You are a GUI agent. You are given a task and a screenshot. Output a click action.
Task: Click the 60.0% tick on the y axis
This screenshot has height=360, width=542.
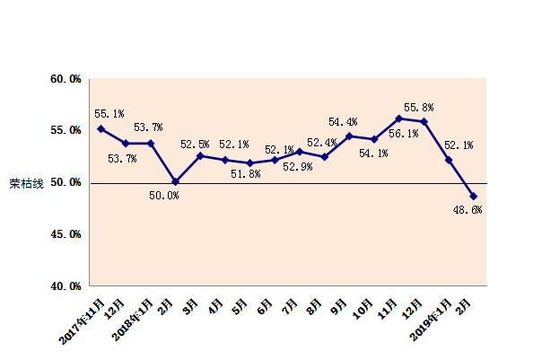tap(66, 79)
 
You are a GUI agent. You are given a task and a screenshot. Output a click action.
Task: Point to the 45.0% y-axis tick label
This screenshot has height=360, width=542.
tap(66, 234)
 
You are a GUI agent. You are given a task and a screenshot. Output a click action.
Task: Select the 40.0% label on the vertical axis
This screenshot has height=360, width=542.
tap(66, 286)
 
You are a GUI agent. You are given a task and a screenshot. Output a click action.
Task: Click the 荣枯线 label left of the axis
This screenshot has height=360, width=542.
tap(26, 183)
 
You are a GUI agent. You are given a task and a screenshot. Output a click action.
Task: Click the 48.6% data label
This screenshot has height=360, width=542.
tap(468, 209)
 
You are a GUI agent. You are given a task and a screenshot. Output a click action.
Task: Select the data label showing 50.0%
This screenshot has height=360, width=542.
tap(163, 195)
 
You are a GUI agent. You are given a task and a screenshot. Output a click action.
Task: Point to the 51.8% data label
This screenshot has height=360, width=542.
tap(245, 174)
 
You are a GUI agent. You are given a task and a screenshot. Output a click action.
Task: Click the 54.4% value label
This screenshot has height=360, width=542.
tap(343, 122)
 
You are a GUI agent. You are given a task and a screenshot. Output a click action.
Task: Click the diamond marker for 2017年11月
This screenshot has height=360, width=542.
tap(101, 129)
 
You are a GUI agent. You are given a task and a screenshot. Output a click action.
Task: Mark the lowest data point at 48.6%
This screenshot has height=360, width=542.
tap(473, 197)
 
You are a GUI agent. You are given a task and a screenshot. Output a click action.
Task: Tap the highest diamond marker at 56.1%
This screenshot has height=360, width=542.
tap(398, 119)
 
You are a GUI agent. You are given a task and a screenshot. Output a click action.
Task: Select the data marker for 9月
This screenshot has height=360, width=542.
tap(349, 136)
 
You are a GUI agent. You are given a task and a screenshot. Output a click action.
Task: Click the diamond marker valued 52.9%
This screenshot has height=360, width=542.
tap(299, 152)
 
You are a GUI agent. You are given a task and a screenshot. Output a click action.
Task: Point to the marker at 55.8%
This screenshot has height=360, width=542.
tap(424, 121)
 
